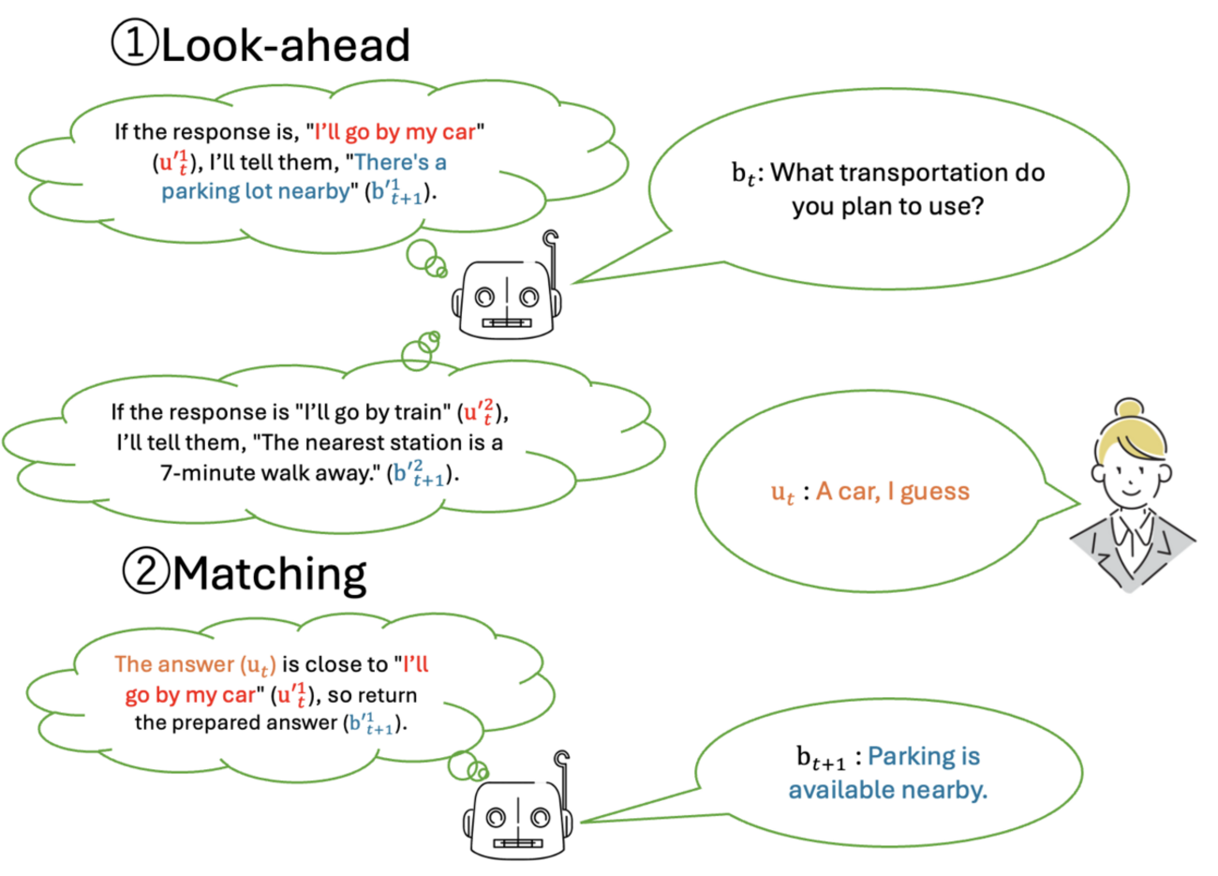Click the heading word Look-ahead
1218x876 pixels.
coord(285,45)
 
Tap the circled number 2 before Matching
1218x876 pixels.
coord(145,571)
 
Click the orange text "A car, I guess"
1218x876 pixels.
coord(892,492)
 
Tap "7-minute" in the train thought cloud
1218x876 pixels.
coord(207,473)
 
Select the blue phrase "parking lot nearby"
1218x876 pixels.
coord(255,192)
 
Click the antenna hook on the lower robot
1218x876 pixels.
coord(562,759)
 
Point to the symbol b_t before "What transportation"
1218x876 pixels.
coord(745,174)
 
